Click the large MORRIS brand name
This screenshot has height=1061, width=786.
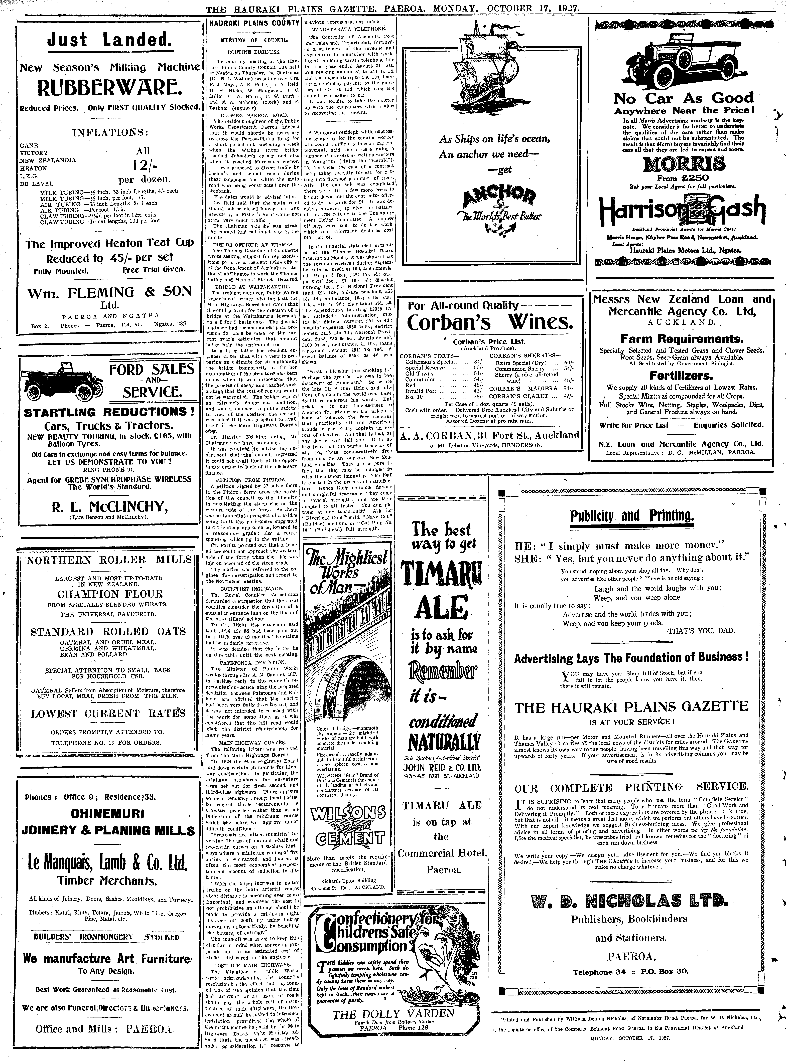(x=684, y=164)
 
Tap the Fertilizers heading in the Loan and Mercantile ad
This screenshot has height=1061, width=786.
(x=681, y=376)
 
